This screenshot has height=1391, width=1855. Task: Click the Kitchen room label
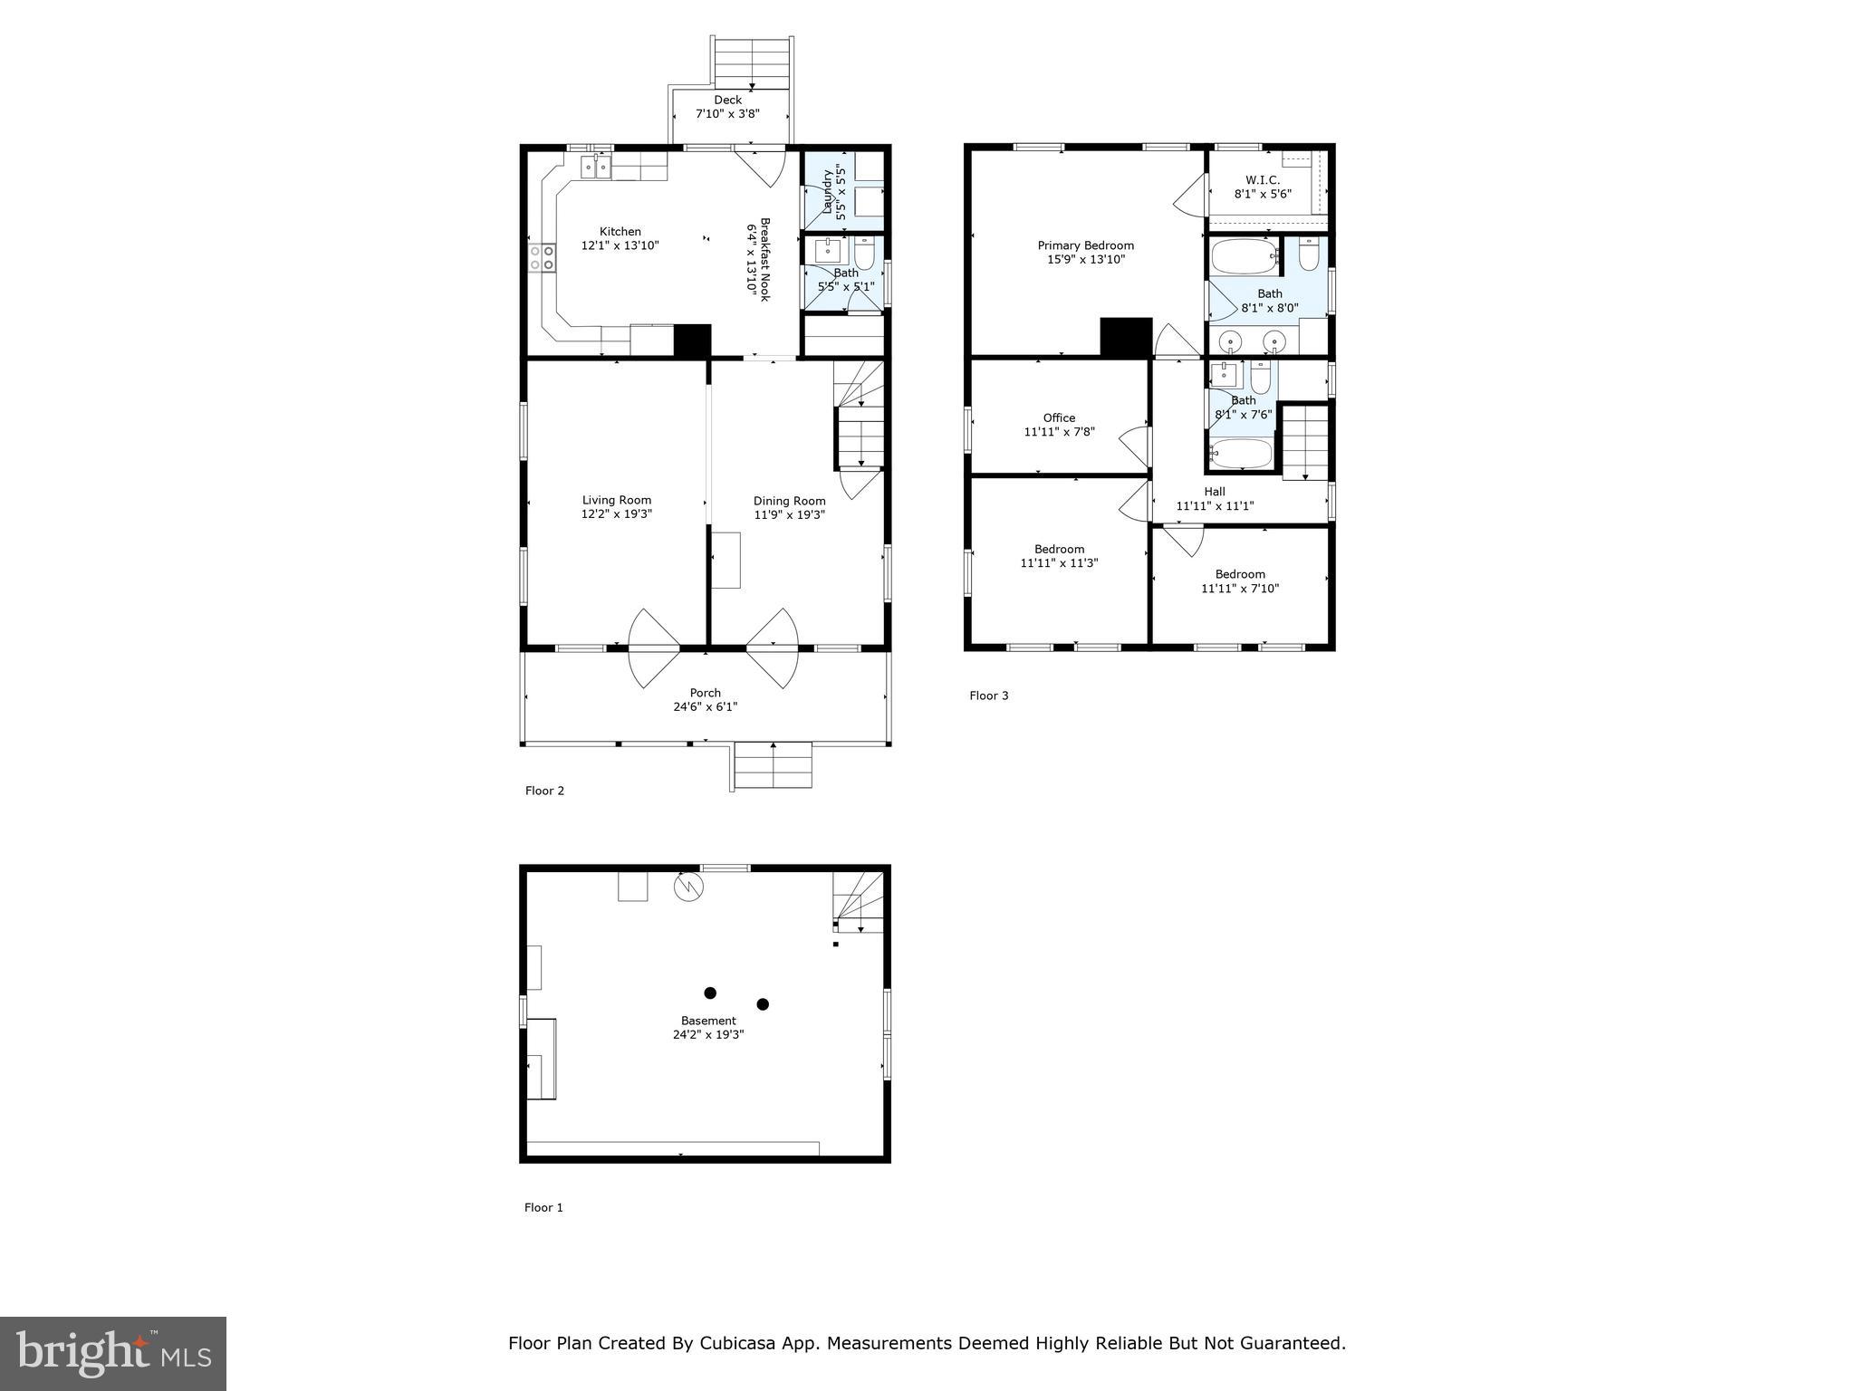click(620, 232)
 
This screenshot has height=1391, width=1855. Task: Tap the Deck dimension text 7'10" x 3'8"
click(727, 114)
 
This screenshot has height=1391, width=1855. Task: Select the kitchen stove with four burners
click(542, 257)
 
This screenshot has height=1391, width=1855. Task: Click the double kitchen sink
click(595, 167)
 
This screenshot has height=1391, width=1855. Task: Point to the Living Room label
click(616, 500)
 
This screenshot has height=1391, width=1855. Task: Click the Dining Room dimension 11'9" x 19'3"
click(789, 515)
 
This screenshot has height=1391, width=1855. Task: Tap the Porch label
click(705, 693)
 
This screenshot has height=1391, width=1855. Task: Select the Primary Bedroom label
click(1085, 245)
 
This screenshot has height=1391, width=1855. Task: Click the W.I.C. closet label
click(1262, 180)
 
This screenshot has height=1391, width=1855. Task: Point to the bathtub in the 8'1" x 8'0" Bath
click(1244, 256)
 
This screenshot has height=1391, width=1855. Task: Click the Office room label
click(1059, 417)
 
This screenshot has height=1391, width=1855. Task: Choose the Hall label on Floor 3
click(1215, 492)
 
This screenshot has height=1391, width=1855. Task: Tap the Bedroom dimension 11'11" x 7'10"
click(1240, 589)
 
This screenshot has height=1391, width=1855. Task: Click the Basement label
click(708, 1021)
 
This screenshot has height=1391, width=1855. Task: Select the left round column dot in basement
click(710, 993)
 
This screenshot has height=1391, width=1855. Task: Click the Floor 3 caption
click(988, 695)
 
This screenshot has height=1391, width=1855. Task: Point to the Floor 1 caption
click(543, 1207)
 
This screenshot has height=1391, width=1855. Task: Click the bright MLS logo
click(113, 1353)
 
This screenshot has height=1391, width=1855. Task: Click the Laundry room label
click(827, 192)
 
